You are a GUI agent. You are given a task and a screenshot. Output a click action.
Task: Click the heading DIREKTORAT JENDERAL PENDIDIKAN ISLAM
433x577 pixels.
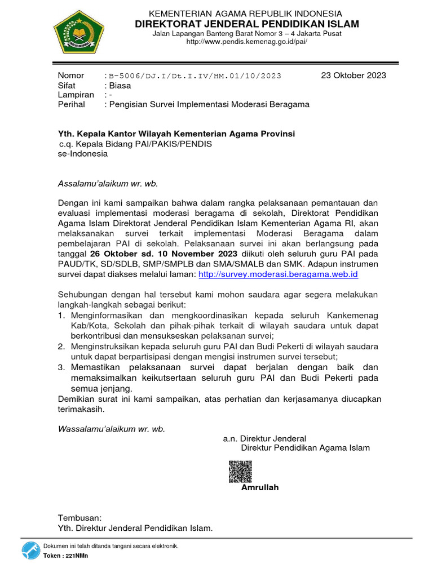247,24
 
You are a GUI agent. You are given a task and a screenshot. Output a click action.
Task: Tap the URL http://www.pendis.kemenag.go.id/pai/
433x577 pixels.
247,42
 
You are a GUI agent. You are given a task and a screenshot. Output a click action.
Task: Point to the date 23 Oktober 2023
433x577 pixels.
354,76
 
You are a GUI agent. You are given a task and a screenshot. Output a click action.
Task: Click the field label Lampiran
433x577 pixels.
76,95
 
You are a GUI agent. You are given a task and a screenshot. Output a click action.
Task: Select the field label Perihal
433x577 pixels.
72,104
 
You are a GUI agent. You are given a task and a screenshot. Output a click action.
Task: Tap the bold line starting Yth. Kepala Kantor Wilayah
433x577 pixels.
176,134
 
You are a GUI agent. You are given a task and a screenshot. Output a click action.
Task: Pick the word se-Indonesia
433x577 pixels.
83,153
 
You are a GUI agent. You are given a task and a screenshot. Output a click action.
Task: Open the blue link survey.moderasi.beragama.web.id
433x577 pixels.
279,274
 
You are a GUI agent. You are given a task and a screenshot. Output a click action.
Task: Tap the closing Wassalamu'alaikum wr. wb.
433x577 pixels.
112,429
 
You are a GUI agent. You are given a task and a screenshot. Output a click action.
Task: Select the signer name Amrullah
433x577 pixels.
260,487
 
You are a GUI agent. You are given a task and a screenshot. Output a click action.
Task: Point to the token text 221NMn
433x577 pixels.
77,556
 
